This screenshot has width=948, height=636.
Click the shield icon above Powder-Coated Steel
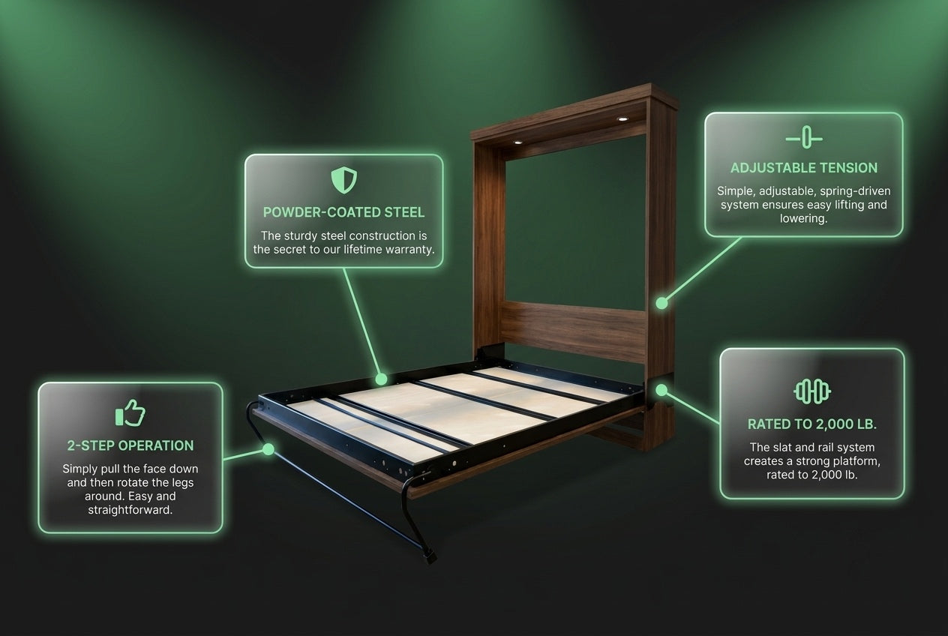(x=343, y=180)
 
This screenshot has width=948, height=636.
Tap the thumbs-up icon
(x=130, y=412)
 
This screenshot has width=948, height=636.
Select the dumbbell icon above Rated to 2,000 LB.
(x=811, y=391)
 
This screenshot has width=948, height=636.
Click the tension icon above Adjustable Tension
(x=804, y=137)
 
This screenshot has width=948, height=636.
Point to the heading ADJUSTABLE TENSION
(x=804, y=168)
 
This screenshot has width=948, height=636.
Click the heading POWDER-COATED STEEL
(x=343, y=212)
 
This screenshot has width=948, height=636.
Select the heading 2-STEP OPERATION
(x=130, y=445)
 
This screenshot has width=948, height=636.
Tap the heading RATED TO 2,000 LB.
(x=811, y=424)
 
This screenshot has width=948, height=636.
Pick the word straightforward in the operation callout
(x=130, y=510)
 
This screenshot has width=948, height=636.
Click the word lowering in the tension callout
(x=804, y=219)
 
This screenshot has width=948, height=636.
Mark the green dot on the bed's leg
(x=268, y=449)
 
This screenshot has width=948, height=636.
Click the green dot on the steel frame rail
(x=381, y=379)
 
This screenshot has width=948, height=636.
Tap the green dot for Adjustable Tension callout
(x=662, y=303)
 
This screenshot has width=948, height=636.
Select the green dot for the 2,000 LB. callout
(x=661, y=390)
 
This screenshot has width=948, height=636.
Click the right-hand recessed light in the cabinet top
(x=622, y=119)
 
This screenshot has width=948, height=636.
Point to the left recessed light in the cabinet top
(x=517, y=142)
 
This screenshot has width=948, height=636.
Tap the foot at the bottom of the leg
(x=430, y=556)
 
